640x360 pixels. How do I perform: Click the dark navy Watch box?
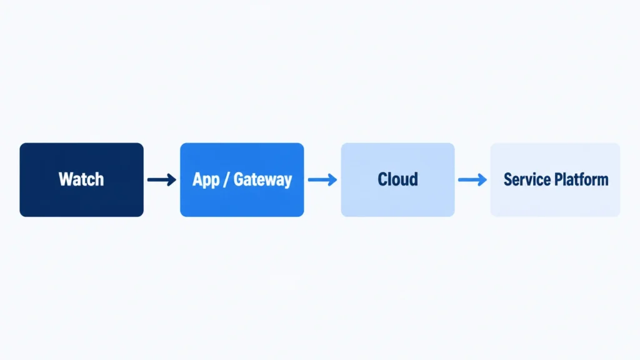(82, 179)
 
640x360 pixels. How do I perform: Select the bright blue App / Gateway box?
(242, 179)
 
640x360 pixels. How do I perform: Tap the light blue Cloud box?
(398, 179)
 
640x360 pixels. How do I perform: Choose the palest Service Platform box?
(556, 179)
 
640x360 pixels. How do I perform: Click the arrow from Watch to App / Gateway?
(162, 179)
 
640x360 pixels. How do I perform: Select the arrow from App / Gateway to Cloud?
(322, 179)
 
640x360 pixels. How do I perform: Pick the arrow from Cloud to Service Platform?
(472, 179)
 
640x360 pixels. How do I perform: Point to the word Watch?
(81, 179)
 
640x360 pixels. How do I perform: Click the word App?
(206, 180)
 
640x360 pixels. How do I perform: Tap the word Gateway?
(263, 179)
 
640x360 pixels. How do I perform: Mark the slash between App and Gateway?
(226, 180)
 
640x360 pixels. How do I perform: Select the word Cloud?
(398, 179)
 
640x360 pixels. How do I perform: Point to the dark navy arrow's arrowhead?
(171, 179)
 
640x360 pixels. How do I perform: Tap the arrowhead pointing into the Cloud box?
(332, 179)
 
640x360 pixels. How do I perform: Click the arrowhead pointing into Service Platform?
(482, 179)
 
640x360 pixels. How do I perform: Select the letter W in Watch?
(66, 179)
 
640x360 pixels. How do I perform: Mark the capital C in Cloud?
(383, 179)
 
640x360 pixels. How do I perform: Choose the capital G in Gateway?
(238, 179)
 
